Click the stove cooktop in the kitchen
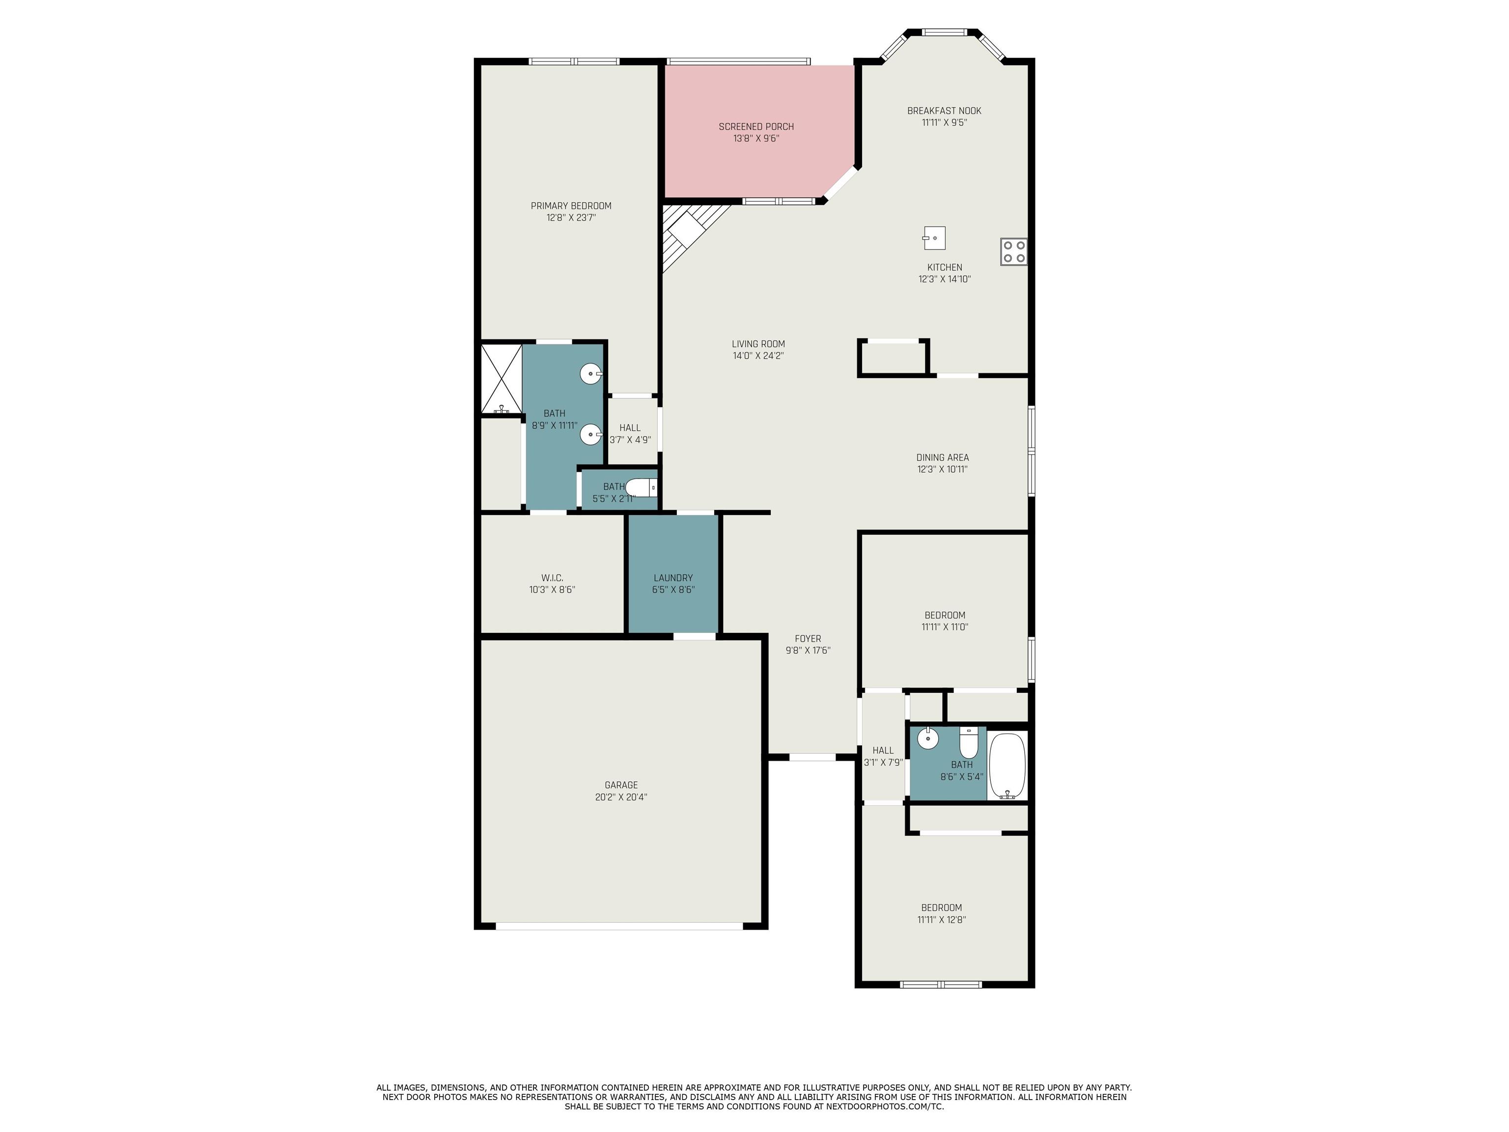pyautogui.click(x=1014, y=251)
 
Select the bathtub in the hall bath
pyautogui.click(x=1007, y=765)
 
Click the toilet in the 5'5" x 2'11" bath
pyautogui.click(x=641, y=488)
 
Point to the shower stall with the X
pyautogui.click(x=502, y=379)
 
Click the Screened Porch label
pyautogui.click(x=756, y=126)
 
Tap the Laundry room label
pyautogui.click(x=672, y=578)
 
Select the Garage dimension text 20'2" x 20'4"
pyautogui.click(x=621, y=797)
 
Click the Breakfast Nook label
pyautogui.click(x=944, y=111)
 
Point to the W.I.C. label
pyautogui.click(x=552, y=578)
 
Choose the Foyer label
pyautogui.click(x=808, y=639)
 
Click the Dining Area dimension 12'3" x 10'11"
pyautogui.click(x=942, y=469)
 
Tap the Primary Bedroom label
pyautogui.click(x=571, y=206)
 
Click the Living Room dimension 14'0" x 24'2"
pyautogui.click(x=758, y=356)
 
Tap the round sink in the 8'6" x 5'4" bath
pyautogui.click(x=928, y=737)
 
